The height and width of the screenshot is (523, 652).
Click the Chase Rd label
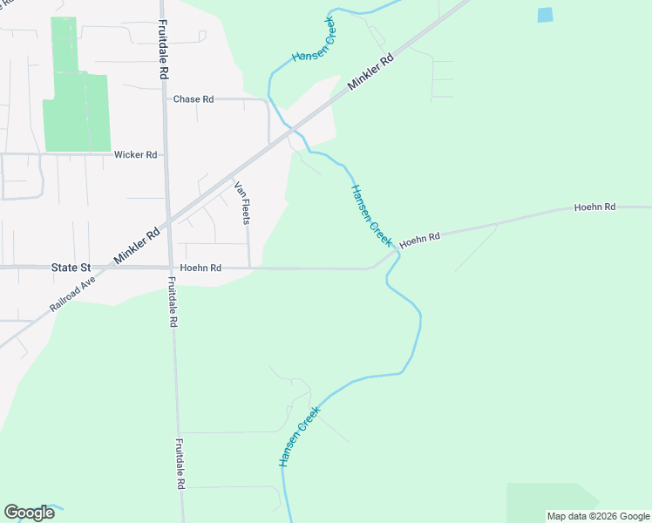click(x=194, y=99)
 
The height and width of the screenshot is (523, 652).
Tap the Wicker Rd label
click(x=135, y=155)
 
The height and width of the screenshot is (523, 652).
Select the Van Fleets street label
click(x=241, y=202)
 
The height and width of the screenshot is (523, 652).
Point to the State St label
click(x=71, y=268)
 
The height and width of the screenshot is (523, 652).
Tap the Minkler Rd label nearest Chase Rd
click(x=371, y=71)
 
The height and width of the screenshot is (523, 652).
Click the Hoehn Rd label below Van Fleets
click(x=200, y=268)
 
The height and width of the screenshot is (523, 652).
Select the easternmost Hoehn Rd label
click(x=595, y=207)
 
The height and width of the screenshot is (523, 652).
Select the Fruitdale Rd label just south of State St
click(x=173, y=302)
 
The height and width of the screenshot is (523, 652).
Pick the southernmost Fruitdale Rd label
click(x=180, y=463)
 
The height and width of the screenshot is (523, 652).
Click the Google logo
click(x=29, y=513)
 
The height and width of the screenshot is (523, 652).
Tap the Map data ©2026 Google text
click(x=598, y=516)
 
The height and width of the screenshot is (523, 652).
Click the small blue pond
click(x=545, y=15)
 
